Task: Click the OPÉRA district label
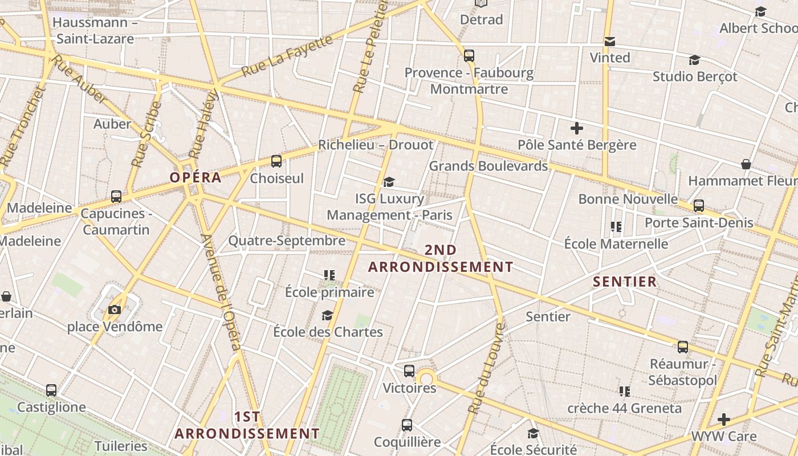pos(196,177)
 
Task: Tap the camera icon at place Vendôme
pos(115,310)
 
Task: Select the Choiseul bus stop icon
pos(276,161)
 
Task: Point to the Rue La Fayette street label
pos(287,56)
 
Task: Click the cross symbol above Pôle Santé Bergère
pos(577,128)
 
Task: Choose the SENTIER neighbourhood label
pos(625,282)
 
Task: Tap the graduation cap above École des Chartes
pos(327,315)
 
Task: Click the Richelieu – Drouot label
pos(376,145)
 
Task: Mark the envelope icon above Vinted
pos(610,42)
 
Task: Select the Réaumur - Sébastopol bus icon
pos(682,347)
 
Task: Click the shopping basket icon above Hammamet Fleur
pos(746,165)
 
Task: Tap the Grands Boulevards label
pos(488,166)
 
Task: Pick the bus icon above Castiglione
pos(51,390)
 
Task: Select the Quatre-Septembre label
pos(287,241)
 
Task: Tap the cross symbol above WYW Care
pos(724,420)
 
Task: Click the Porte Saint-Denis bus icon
pos(699,206)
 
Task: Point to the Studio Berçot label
pos(695,76)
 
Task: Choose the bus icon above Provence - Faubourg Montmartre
pos(469,56)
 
